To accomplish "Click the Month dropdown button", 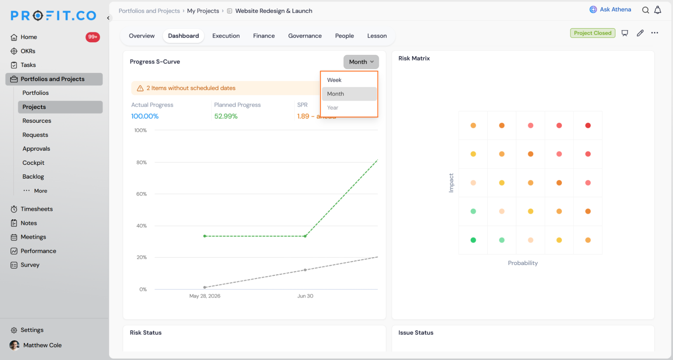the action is [x=361, y=62].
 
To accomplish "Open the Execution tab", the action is [x=226, y=36].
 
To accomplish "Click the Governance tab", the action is [x=305, y=36].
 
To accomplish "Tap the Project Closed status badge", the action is [x=593, y=33].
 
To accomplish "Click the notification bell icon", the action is [x=658, y=10].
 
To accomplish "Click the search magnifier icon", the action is [x=645, y=10].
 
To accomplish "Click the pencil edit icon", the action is [x=640, y=33].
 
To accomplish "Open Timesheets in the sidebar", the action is [x=37, y=209].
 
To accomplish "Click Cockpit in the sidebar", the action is [x=33, y=163].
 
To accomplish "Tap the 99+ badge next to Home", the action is [x=93, y=37].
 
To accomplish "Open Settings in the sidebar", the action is [x=32, y=330].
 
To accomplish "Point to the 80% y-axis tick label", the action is [x=141, y=163].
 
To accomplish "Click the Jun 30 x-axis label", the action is [x=305, y=296].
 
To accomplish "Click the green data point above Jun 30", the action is [x=305, y=236].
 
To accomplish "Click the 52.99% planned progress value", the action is [x=226, y=116].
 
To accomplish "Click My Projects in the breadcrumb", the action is [x=203, y=11].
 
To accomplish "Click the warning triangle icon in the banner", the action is [x=140, y=88].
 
